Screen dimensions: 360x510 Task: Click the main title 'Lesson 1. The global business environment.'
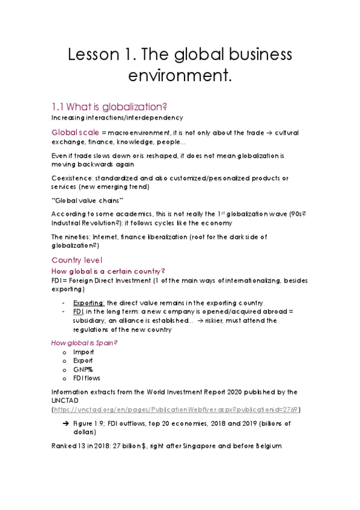pyautogui.click(x=180, y=66)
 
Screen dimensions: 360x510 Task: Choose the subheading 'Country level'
pyautogui.click(x=77, y=260)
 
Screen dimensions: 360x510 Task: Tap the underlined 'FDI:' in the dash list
pyautogui.click(x=78, y=312)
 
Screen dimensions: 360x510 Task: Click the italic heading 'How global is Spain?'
pyautogui.click(x=84, y=343)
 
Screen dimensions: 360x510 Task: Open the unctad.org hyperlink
pyautogui.click(x=177, y=410)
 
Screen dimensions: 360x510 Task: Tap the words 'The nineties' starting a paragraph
pyautogui.click(x=71, y=236)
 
